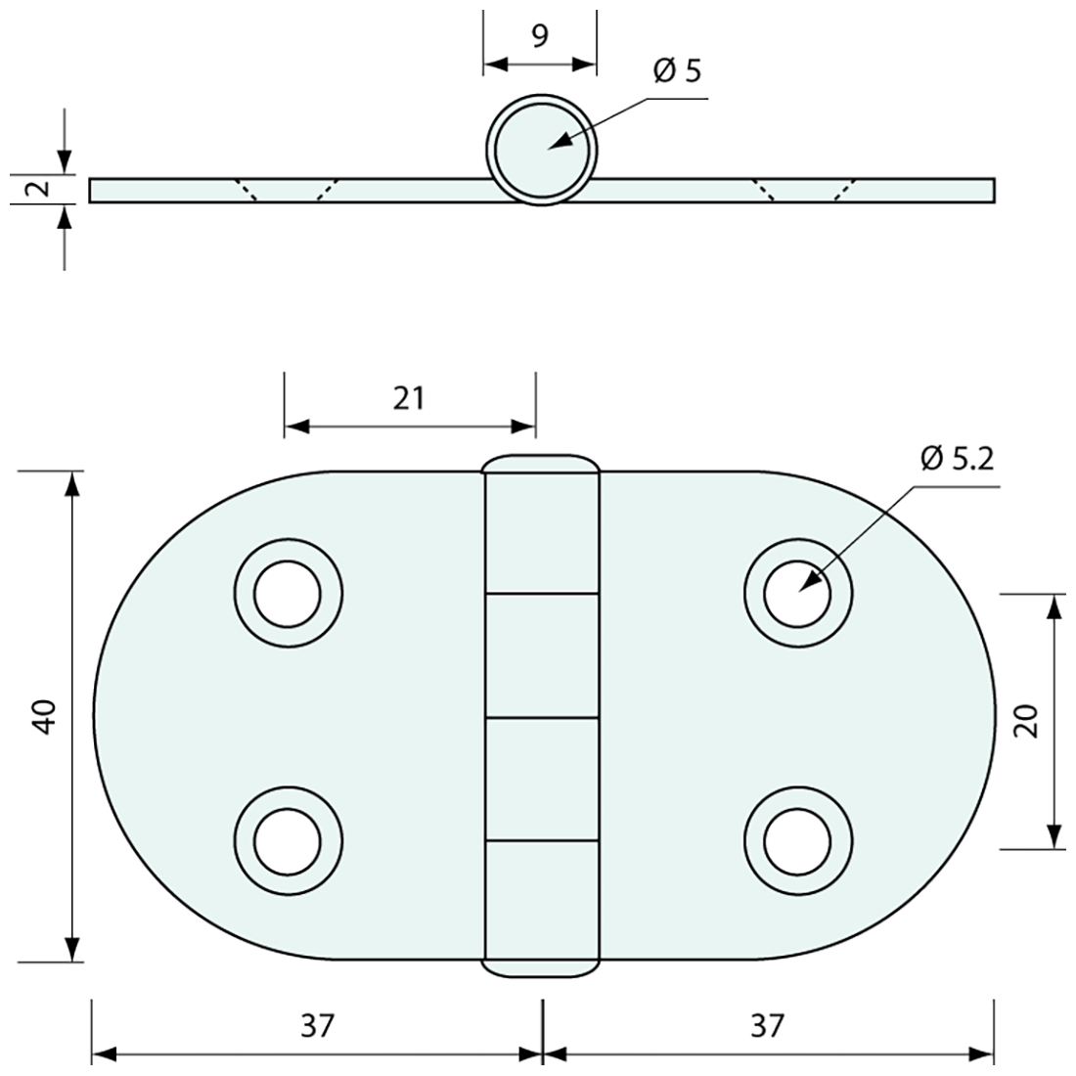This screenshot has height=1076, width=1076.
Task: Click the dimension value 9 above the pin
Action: pyautogui.click(x=540, y=36)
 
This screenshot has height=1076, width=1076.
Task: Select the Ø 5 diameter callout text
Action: pyautogui.click(x=677, y=70)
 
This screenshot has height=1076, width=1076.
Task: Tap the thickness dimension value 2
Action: pyautogui.click(x=40, y=188)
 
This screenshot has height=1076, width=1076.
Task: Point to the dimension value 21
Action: pyautogui.click(x=409, y=398)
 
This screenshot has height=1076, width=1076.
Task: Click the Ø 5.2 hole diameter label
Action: pyautogui.click(x=957, y=459)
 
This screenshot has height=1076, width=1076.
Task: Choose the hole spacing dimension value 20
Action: pyautogui.click(x=1026, y=721)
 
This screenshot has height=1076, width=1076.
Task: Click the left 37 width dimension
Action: pyautogui.click(x=317, y=1026)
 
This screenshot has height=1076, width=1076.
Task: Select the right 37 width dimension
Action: pyautogui.click(x=767, y=1026)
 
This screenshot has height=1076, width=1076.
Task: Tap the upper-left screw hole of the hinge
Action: pyautogui.click(x=288, y=594)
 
